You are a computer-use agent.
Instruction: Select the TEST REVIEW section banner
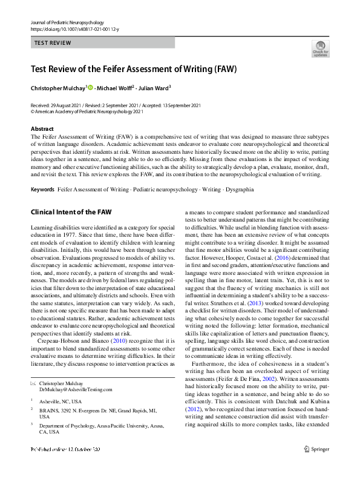103,43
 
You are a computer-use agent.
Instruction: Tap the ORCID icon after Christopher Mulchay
90,88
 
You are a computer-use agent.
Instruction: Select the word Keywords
42,190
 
